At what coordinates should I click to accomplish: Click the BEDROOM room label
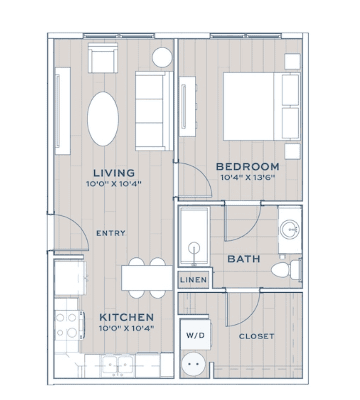point(247,167)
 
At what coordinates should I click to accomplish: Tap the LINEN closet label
point(193,280)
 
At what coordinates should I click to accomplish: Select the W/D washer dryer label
point(195,335)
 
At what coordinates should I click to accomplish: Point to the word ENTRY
point(111,233)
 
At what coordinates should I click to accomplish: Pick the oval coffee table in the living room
point(103,119)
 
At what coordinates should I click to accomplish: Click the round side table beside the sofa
point(162,57)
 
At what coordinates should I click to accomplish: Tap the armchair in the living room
point(103,58)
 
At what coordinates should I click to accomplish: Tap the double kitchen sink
point(118,366)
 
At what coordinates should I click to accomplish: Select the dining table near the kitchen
point(147,278)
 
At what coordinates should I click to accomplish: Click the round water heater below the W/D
point(194,364)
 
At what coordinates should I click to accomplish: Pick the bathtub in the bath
point(194,237)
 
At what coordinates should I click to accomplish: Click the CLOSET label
point(256,336)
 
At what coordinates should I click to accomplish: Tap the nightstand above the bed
point(293,61)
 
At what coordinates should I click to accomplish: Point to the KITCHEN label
point(127,317)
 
